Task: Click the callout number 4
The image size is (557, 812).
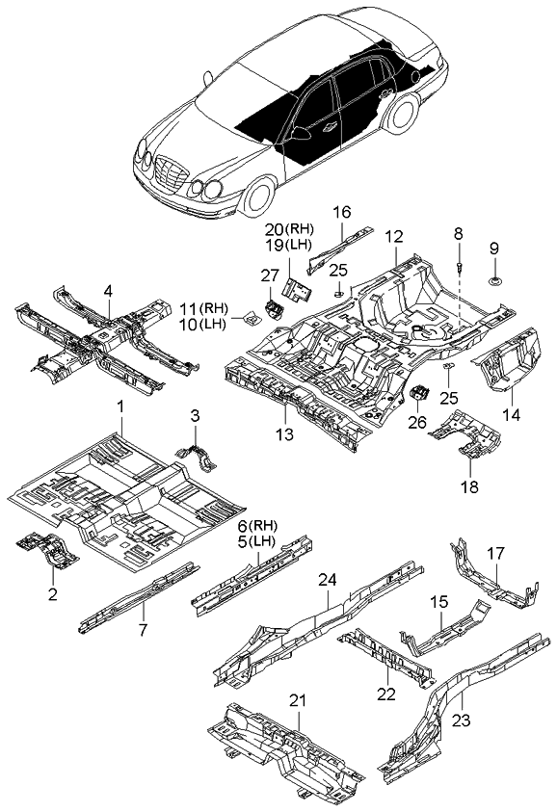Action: pos(108,290)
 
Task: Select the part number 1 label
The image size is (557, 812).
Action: pos(120,408)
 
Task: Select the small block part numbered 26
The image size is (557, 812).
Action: pos(421,394)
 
